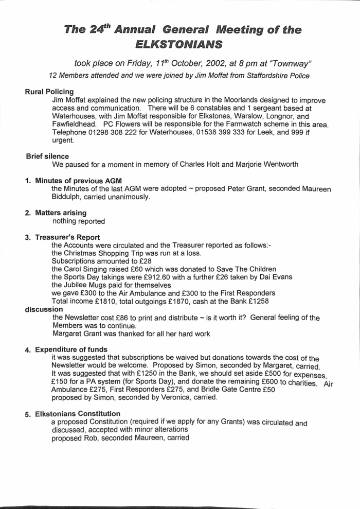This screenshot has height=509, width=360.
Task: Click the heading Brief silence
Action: point(47,156)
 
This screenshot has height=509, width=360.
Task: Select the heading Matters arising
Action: point(61,213)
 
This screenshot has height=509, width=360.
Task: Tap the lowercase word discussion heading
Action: point(44,309)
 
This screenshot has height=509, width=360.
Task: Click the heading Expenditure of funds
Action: point(71,350)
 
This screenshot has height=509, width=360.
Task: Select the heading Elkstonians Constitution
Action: point(78,414)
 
